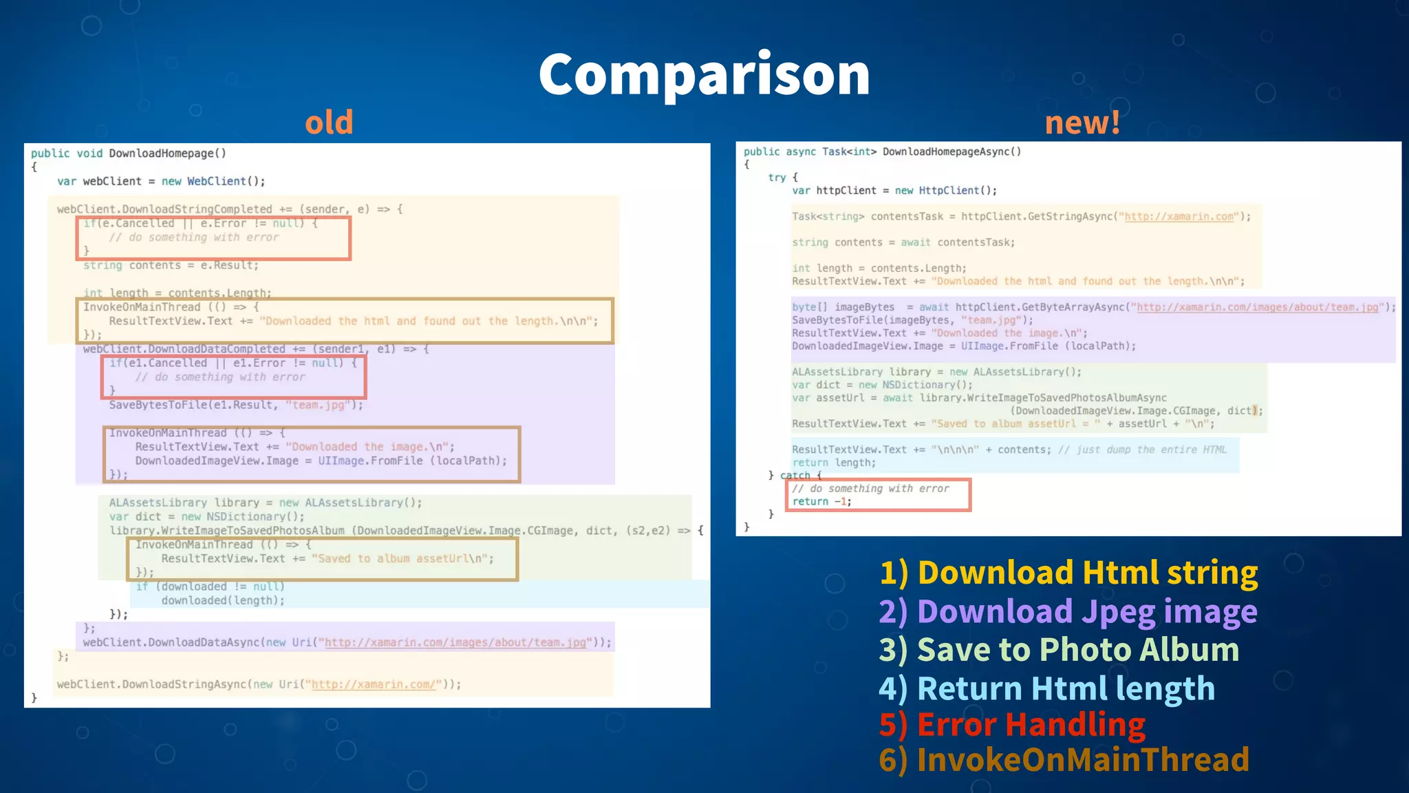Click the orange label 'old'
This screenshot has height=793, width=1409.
pyautogui.click(x=329, y=123)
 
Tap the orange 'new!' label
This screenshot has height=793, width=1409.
pyautogui.click(x=1082, y=123)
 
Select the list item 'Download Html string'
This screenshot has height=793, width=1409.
pyautogui.click(x=1069, y=573)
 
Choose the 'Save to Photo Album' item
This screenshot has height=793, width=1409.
pyautogui.click(x=1060, y=650)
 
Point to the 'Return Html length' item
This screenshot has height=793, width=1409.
pyautogui.click(x=1047, y=688)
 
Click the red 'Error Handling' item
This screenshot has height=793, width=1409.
pyautogui.click(x=1012, y=724)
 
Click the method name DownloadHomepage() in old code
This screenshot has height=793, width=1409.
pyautogui.click(x=167, y=154)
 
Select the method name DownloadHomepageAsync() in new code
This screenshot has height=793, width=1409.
pyautogui.click(x=951, y=151)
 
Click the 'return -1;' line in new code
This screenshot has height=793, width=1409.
pyautogui.click(x=821, y=502)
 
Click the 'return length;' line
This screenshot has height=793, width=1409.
pyautogui.click(x=834, y=463)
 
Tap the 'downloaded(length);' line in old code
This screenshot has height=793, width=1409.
pyautogui.click(x=223, y=600)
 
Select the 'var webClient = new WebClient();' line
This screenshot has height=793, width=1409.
pyautogui.click(x=161, y=181)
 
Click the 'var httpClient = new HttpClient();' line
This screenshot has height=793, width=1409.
pyautogui.click(x=894, y=191)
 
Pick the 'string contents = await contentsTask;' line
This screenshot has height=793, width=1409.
pyautogui.click(x=903, y=242)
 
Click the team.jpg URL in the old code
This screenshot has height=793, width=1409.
pyautogui.click(x=455, y=642)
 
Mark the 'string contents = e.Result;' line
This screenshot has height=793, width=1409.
pyautogui.click(x=171, y=266)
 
